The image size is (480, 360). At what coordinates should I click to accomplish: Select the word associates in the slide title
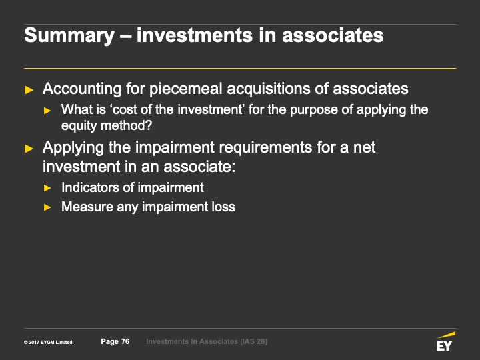pos(333,35)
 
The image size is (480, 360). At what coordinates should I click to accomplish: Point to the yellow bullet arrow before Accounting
pos(29,90)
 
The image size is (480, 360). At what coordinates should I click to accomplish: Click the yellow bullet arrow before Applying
pos(29,149)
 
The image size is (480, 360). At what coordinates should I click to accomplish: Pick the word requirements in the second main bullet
pos(265,148)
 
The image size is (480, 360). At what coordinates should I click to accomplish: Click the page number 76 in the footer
pos(125,341)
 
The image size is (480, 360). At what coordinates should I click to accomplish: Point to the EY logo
pos(445,341)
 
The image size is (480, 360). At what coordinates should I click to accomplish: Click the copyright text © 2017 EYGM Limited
pos(49,342)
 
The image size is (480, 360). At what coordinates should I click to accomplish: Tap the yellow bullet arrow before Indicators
pos(47,188)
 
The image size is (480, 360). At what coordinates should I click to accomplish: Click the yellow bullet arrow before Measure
pos(47,207)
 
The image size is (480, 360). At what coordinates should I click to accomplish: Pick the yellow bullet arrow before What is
pos(47,111)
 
